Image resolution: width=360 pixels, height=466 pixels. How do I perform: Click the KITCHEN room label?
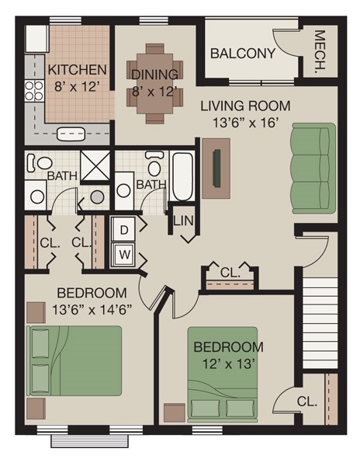click(77, 69)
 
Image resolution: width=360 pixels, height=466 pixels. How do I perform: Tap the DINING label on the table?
click(154, 75)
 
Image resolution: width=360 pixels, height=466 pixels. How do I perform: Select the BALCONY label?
click(243, 54)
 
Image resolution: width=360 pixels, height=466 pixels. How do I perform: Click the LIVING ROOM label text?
click(245, 106)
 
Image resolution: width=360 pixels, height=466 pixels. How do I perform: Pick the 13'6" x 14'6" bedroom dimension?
click(92, 308)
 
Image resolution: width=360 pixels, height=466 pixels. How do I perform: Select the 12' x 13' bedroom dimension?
click(228, 363)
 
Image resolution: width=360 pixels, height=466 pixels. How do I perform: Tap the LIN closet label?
click(183, 221)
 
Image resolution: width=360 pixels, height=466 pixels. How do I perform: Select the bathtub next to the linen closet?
click(183, 176)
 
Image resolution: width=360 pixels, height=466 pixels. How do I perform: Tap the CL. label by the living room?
click(230, 273)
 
